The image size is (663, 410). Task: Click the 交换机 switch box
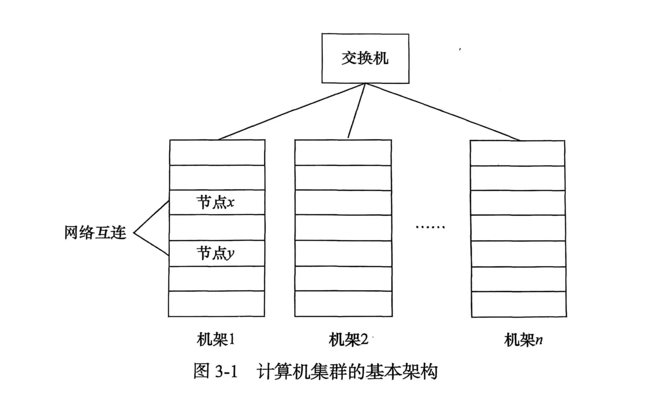point(365,58)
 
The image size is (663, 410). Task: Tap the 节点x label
point(215,202)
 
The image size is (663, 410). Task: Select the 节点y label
point(215,253)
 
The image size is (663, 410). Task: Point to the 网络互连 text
point(95,233)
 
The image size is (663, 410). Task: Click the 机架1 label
point(216,340)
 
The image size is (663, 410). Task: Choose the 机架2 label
point(348,340)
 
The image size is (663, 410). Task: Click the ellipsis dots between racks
point(430,227)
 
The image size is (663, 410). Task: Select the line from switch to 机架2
point(356,111)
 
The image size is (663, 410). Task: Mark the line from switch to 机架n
point(442,112)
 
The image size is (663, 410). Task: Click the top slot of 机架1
point(217,152)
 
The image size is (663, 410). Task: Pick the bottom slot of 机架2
point(343,304)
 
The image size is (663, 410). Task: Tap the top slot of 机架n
point(517,153)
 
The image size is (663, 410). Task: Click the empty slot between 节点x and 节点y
point(217,227)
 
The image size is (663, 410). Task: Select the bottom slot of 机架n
point(518,304)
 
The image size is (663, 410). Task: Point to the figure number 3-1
point(226,372)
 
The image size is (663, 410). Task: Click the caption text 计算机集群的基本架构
point(347,372)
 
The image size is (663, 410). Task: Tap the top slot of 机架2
point(343,152)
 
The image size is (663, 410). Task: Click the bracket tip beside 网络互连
point(134,233)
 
